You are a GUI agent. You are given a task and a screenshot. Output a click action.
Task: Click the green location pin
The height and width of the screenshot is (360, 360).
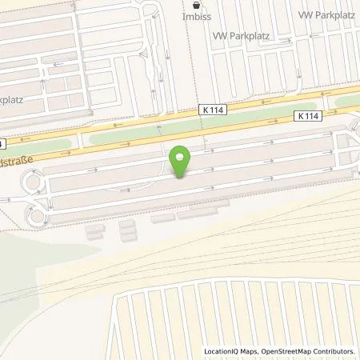click(x=181, y=161)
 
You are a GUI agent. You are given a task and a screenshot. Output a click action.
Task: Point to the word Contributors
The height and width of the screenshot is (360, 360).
click(x=332, y=351)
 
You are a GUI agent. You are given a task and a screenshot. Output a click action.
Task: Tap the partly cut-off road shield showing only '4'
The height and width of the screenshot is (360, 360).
click(x=2, y=144)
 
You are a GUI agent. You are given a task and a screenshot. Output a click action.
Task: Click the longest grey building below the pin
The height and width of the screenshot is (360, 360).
click(x=203, y=213)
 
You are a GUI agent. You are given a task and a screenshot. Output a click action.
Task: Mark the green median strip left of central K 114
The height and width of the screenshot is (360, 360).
click(x=136, y=134)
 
